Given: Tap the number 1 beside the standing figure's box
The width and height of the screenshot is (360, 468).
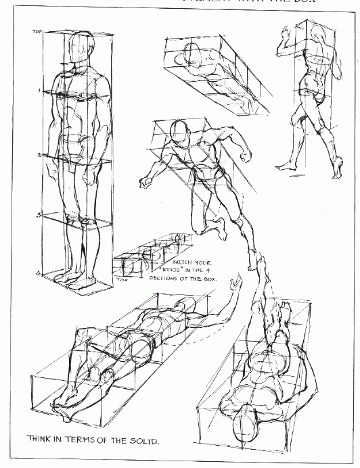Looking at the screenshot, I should (x=40, y=90).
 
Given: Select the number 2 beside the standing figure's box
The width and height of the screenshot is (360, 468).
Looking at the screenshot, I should (x=40, y=155).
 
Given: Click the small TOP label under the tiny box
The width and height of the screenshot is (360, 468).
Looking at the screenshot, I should (x=122, y=279).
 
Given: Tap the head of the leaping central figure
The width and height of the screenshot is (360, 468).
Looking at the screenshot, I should (x=179, y=132).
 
